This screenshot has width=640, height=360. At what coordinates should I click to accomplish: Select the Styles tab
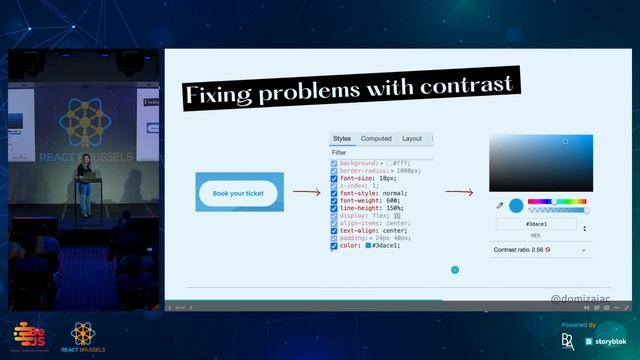click(342, 139)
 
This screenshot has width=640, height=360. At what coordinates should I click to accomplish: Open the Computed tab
click(376, 139)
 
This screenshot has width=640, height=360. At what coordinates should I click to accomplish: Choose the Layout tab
click(412, 139)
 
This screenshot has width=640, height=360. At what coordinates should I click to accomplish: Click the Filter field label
click(339, 152)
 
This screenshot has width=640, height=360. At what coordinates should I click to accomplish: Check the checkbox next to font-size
click(334, 178)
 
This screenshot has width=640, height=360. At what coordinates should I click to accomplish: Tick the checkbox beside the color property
click(334, 245)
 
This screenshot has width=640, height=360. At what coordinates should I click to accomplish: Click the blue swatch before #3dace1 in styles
click(368, 245)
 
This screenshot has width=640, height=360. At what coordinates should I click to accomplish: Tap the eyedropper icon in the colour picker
click(500, 205)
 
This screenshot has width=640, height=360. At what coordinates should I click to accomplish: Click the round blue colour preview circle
click(516, 205)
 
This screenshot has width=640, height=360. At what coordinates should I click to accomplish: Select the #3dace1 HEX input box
click(535, 226)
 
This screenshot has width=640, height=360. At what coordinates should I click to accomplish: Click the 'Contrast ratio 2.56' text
click(520, 249)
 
